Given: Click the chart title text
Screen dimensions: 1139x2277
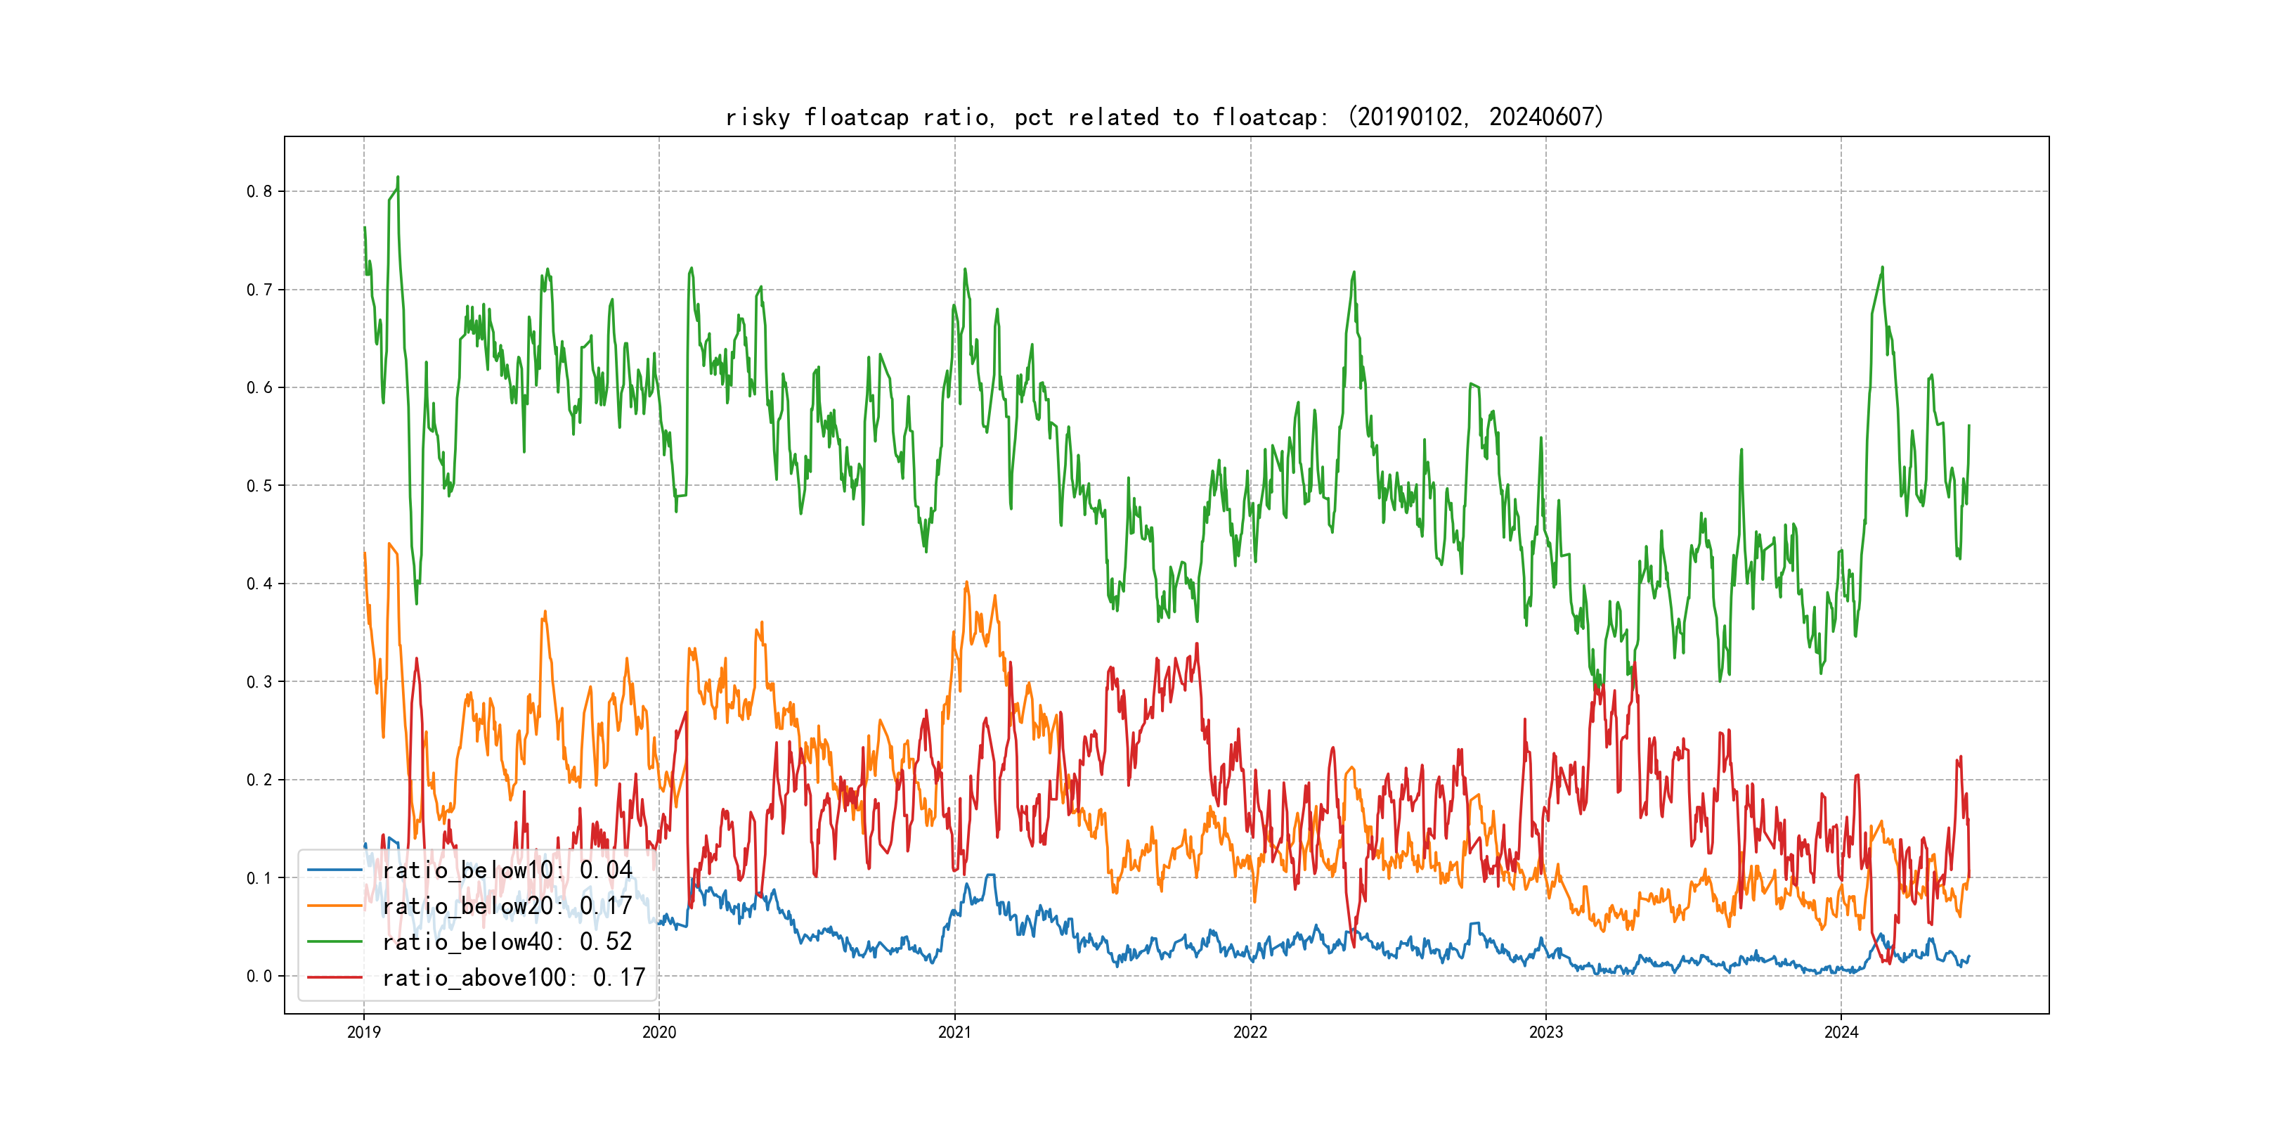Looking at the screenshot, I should coord(1164,117).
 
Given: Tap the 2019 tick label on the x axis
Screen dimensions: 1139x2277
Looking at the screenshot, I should coord(363,1032).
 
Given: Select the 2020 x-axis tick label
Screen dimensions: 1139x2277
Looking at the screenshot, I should coord(659,1032).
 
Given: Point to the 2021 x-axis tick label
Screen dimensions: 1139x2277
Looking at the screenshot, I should coord(954,1032).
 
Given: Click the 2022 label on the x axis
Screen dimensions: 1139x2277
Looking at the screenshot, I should coord(1250,1032).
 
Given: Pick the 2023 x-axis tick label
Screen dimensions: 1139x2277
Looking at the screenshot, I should coord(1546,1032).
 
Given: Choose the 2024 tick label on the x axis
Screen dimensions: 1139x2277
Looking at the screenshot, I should coord(1841,1032).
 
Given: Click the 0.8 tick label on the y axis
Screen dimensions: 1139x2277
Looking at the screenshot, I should coord(259,191).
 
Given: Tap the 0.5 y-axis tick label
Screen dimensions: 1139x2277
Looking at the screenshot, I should coord(259,486).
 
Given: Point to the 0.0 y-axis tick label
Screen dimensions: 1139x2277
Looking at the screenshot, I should coord(259,977).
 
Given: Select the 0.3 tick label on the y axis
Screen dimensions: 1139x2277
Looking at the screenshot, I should coord(259,682).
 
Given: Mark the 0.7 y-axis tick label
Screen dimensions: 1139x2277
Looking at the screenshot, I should coord(259,289).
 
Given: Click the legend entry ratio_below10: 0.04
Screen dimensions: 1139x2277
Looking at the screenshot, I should coord(507,870).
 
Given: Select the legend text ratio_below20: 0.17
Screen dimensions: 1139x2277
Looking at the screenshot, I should coord(507,906).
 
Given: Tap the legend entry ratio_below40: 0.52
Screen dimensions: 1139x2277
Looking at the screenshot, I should coord(507,942).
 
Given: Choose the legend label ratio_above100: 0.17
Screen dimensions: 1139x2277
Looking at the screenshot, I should coord(514,977).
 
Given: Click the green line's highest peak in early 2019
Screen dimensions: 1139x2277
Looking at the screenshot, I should coord(398,177).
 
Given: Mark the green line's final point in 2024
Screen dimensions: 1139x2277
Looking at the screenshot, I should coord(1968,425).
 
